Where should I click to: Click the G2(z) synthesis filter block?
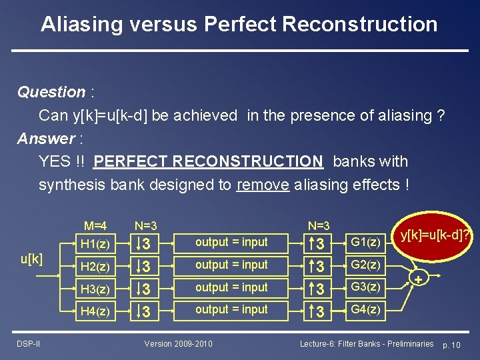coord(365,265)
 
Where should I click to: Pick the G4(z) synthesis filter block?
coord(365,309)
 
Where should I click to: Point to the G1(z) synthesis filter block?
coord(365,242)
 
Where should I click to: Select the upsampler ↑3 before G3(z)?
coord(320,288)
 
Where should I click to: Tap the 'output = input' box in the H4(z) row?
coord(231,309)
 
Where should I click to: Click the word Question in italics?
coord(51,92)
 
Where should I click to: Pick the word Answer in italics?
coord(46,139)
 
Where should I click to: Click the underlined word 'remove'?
coord(263,185)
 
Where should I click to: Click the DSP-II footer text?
coord(28,343)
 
